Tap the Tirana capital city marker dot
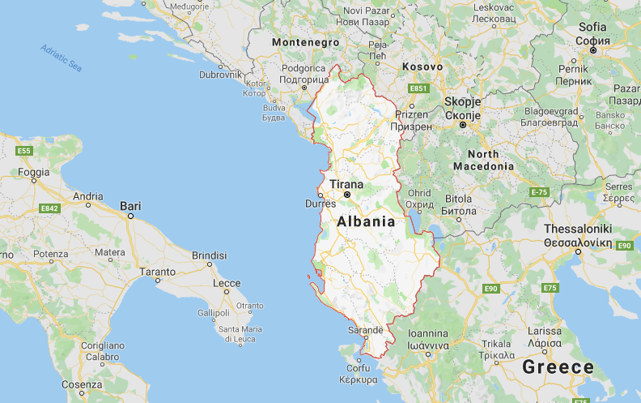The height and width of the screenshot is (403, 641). tap(347, 195)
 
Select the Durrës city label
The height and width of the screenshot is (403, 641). tap(319, 204)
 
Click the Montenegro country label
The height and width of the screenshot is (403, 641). tap(305, 42)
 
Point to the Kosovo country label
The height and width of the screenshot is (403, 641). tap(423, 66)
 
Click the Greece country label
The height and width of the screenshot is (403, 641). tap(558, 367)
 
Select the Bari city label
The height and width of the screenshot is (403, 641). tap(130, 206)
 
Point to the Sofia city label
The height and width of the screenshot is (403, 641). tap(592, 28)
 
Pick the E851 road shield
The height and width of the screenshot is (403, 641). tap(418, 88)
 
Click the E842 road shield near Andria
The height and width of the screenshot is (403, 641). tap(50, 208)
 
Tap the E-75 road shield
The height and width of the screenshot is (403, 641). tap(539, 191)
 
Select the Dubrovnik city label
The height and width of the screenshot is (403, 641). tap(220, 75)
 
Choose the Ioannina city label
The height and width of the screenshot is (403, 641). tap(428, 333)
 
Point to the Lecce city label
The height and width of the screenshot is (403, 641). tap(227, 282)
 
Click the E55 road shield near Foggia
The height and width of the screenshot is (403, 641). tap(24, 151)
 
